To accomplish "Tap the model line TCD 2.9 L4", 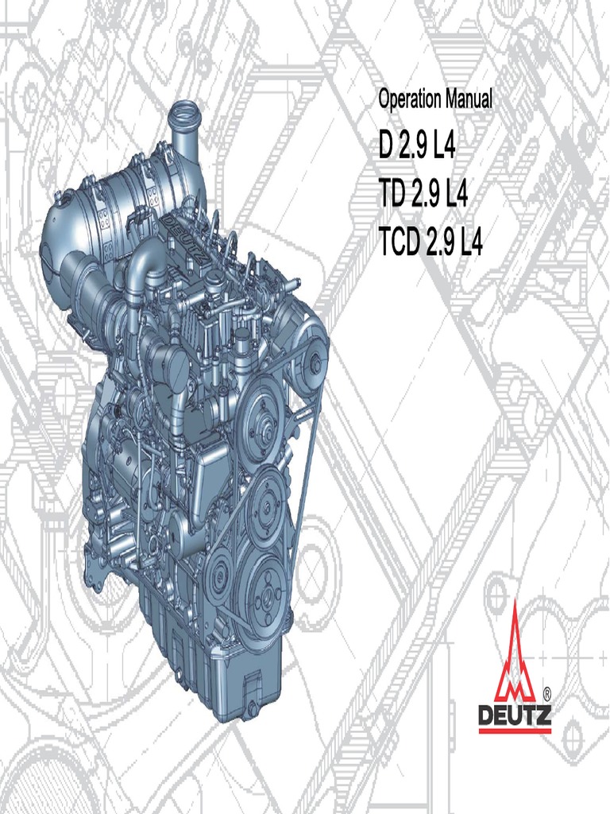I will click(430, 243).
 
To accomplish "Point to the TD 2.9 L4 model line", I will click(424, 196).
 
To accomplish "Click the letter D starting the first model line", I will click(386, 148).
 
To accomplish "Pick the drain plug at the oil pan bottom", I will click(253, 706).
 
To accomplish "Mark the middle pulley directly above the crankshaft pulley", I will click(265, 499).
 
